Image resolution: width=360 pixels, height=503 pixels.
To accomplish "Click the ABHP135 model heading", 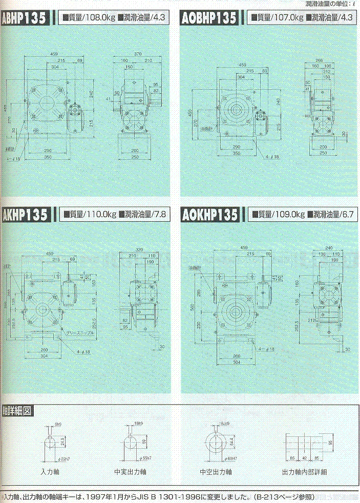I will click(x=24, y=19).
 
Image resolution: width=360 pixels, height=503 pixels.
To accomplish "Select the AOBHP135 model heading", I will click(x=209, y=19).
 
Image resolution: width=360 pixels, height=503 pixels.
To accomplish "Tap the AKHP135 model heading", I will click(x=26, y=215).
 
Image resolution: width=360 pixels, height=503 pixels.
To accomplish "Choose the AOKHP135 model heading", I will click(x=210, y=215).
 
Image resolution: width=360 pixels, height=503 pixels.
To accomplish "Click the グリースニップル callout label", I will click(x=76, y=333).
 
